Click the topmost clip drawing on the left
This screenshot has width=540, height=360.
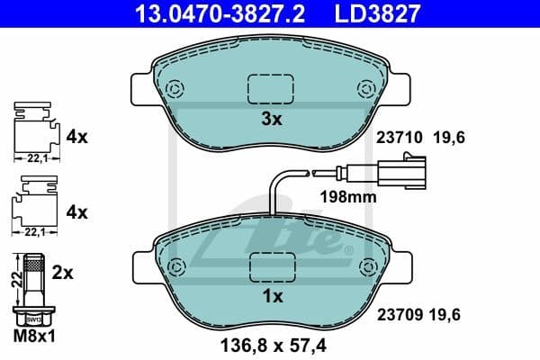34,130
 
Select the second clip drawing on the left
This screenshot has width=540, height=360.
34,206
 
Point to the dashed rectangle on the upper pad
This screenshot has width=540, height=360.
271,88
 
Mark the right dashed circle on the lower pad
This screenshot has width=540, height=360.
366,267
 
